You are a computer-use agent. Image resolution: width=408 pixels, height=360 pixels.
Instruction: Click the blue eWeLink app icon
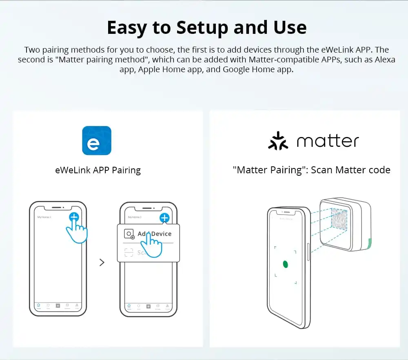pyautogui.click(x=97, y=140)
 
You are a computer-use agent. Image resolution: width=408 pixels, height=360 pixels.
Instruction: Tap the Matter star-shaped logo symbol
pyautogui.click(x=278, y=141)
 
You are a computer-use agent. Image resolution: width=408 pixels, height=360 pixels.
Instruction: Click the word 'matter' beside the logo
pyautogui.click(x=328, y=141)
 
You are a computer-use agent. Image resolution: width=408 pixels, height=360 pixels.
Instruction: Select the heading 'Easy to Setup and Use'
pyautogui.click(x=206, y=27)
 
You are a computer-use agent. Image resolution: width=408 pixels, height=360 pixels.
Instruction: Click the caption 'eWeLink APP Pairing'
pyautogui.click(x=98, y=170)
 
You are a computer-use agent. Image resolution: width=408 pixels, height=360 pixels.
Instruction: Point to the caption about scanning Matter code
pyautogui.click(x=311, y=170)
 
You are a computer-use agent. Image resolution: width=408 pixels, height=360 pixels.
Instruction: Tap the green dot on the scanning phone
pyautogui.click(x=286, y=264)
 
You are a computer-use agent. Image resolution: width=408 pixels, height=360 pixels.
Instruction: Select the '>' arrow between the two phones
pyautogui.click(x=102, y=263)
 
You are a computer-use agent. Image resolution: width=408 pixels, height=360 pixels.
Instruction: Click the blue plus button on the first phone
pyautogui.click(x=74, y=217)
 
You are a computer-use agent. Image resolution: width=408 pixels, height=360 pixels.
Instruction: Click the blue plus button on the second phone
pyautogui.click(x=164, y=218)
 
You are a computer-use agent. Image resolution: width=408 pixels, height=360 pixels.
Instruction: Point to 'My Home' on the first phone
pyautogui.click(x=44, y=217)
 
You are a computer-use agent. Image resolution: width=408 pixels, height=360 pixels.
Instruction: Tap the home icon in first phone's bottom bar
pyautogui.click(x=38, y=305)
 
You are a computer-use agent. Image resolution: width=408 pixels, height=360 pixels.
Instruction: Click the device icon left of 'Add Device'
pyautogui.click(x=129, y=234)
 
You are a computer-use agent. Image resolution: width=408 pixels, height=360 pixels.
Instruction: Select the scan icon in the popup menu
pyautogui.click(x=129, y=253)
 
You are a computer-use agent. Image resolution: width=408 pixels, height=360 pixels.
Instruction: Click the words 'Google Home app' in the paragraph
pyautogui.click(x=257, y=69)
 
